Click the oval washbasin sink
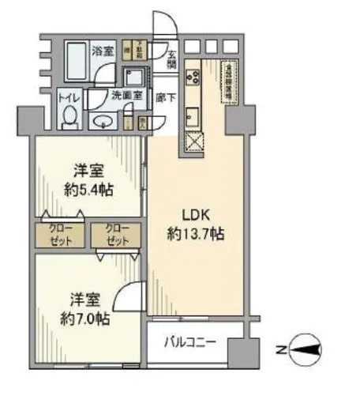(x=103, y=121)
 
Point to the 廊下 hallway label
(x=167, y=98)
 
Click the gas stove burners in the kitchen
(x=192, y=77)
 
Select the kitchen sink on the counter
(x=192, y=118)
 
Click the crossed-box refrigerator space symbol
(x=193, y=145)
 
